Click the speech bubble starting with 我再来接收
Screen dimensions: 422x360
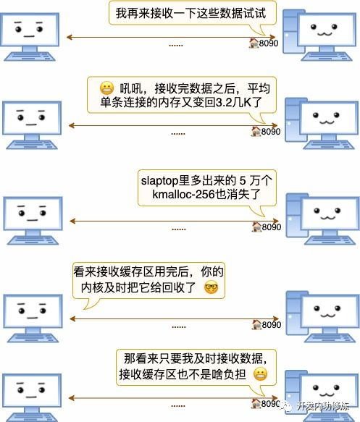click(185, 12)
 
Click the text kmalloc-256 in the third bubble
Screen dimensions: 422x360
click(184, 195)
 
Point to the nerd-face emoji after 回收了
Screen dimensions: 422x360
click(212, 288)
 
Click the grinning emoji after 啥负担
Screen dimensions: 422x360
click(261, 374)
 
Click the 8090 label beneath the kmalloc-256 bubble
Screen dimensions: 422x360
click(271, 227)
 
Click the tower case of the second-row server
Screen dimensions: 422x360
click(292, 119)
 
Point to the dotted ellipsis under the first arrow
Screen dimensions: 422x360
click(176, 45)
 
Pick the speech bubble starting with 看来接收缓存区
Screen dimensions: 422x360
click(148, 280)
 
